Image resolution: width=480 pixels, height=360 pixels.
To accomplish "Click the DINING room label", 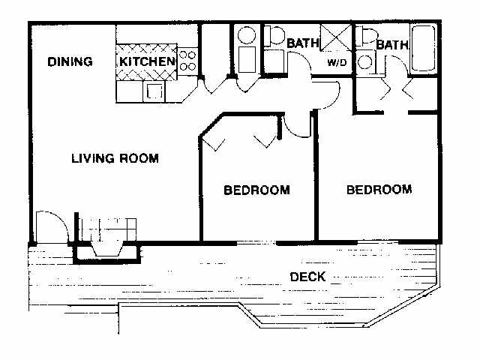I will pos(70,61).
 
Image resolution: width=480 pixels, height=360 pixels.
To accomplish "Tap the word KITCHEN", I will pos(148,61).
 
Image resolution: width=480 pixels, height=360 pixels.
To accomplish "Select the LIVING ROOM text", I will pos(115,158).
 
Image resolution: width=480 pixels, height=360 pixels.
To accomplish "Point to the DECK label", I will pos(307,277).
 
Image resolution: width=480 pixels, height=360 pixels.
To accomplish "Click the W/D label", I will pos(335,63).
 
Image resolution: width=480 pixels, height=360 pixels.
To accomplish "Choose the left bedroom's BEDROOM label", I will pos(256,190).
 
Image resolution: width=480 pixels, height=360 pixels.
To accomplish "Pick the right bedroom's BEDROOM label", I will pos(379,189).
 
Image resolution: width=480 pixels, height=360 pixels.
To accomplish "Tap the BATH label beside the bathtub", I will pos(391,46).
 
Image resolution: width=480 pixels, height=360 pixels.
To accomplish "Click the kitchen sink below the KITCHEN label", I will pos(155,91).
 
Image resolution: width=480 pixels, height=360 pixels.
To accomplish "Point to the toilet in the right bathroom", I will pos(368,37).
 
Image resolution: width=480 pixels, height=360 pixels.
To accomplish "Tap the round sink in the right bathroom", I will pos(365,62).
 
